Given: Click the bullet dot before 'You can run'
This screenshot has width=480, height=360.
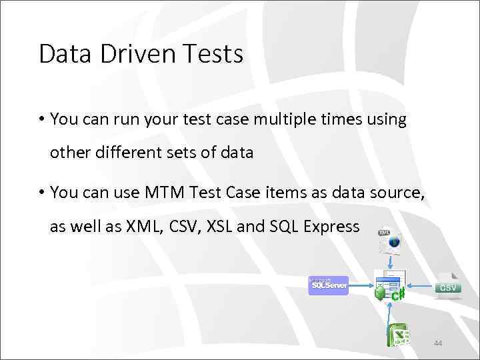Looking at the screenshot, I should (x=41, y=119).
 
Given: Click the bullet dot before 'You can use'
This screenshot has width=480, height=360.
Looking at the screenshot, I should (x=41, y=193).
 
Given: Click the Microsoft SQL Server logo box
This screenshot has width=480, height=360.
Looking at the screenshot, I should (x=329, y=285).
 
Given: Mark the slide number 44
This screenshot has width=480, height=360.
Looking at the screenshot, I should (x=438, y=343).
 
